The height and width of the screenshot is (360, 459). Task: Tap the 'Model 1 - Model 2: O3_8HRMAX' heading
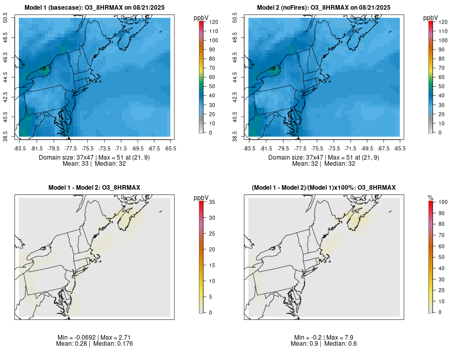point(94,188)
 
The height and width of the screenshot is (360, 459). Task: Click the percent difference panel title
point(323,188)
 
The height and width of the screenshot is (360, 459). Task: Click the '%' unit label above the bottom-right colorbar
point(431,198)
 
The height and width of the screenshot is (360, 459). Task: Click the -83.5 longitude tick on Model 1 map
point(20,148)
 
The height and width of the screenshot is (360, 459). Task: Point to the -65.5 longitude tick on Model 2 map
point(400,148)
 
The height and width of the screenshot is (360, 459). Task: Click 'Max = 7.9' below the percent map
point(339,338)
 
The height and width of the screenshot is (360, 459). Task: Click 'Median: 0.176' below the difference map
point(113,344)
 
